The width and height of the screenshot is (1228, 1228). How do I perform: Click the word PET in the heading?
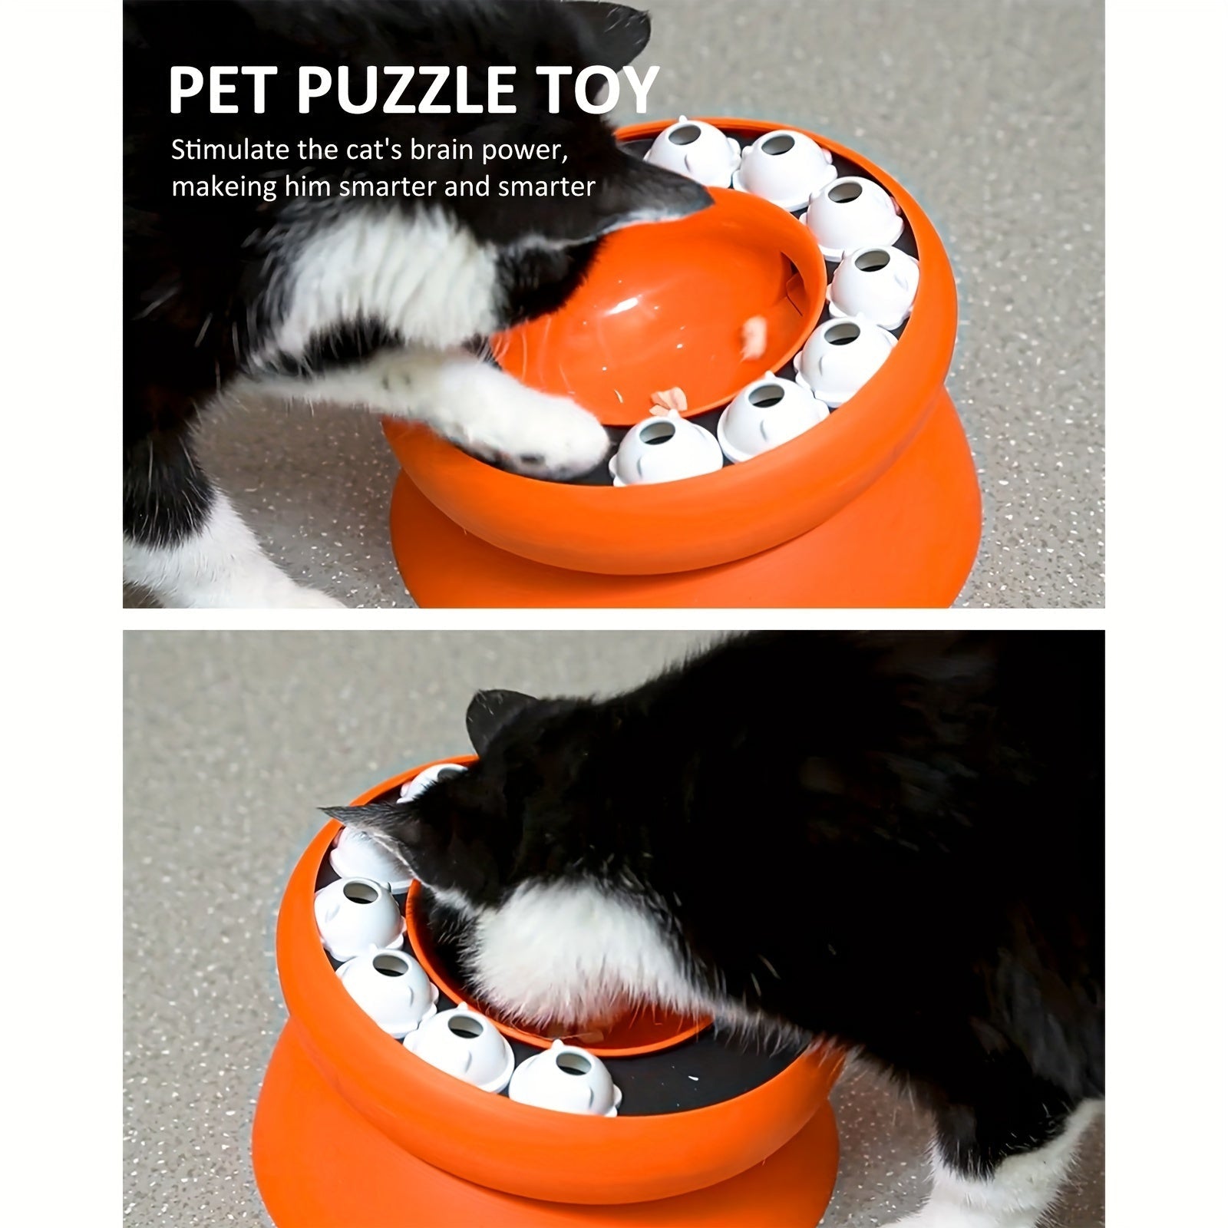[x=222, y=91]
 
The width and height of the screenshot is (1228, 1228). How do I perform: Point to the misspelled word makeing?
[x=223, y=187]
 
